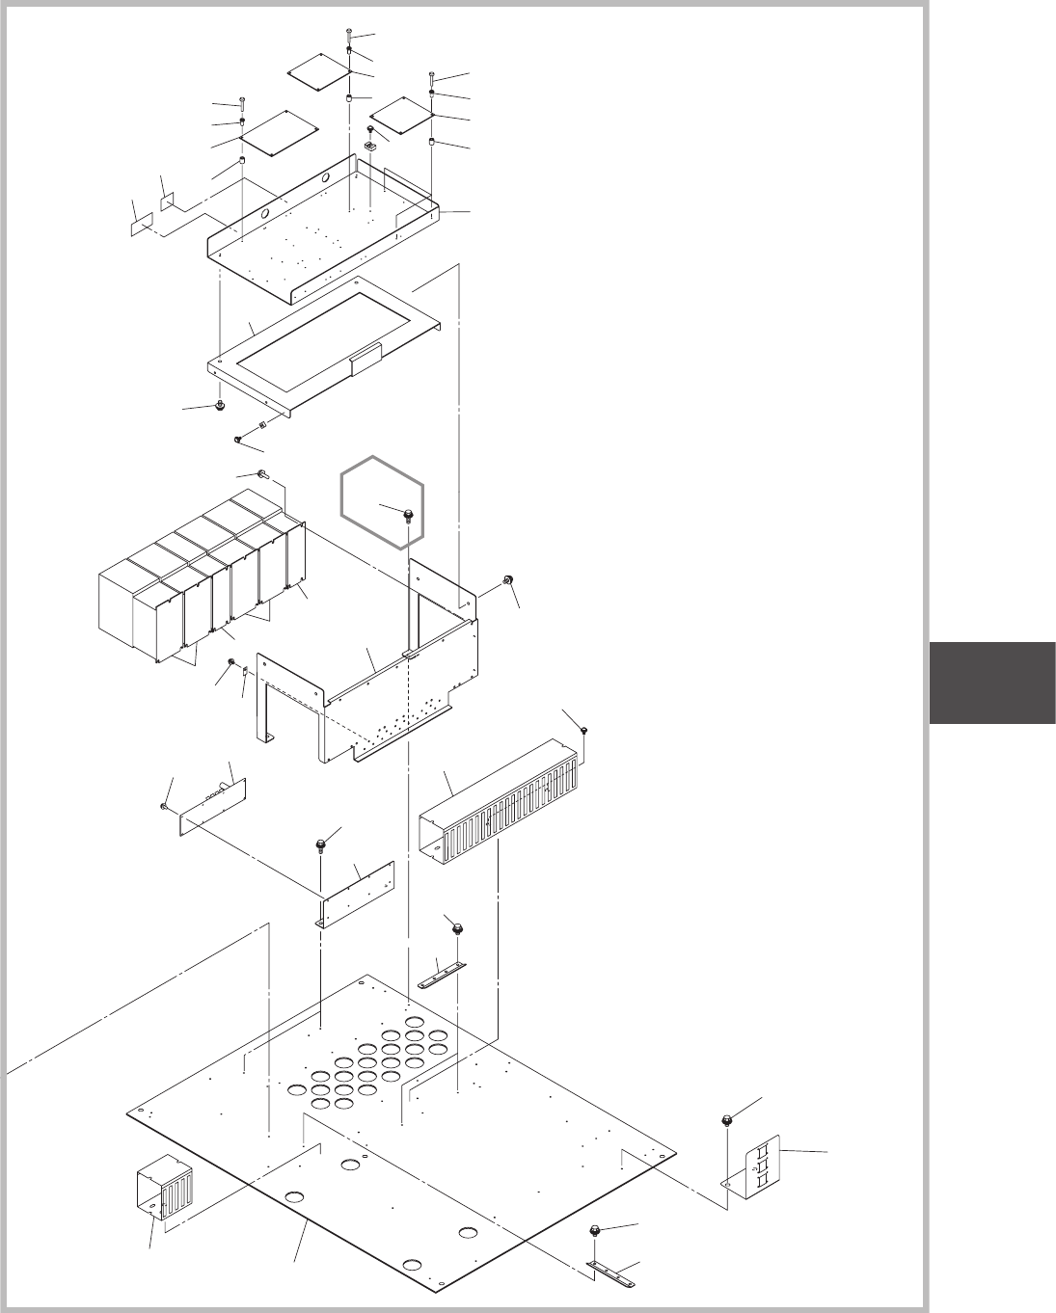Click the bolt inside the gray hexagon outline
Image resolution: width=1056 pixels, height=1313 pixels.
408,512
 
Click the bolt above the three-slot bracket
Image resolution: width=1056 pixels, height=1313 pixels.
725,1119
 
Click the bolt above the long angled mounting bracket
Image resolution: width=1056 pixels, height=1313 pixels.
319,844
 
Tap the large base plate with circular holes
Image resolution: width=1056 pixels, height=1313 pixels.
405,1138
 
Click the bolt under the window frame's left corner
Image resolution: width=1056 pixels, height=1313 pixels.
220,405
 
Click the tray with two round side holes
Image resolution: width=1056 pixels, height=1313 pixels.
318,231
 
